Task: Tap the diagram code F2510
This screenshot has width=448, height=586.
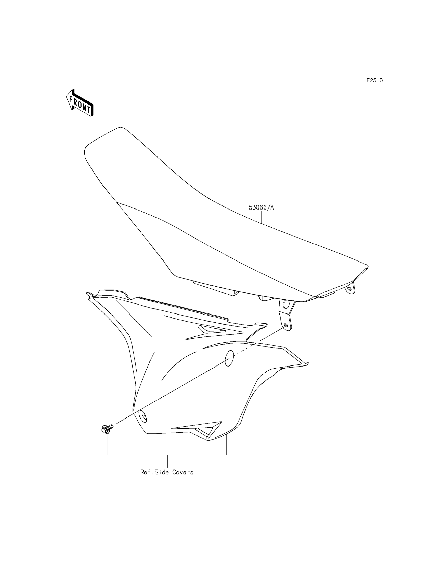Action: [x=374, y=81]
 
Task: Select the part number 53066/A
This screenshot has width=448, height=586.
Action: [x=261, y=208]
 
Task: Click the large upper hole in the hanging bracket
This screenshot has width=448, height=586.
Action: [x=286, y=304]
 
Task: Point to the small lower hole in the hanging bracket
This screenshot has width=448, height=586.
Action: [x=286, y=326]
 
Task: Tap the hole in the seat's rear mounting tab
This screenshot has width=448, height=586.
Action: [x=349, y=288]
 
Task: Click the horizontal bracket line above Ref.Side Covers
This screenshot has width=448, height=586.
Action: [x=167, y=455]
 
